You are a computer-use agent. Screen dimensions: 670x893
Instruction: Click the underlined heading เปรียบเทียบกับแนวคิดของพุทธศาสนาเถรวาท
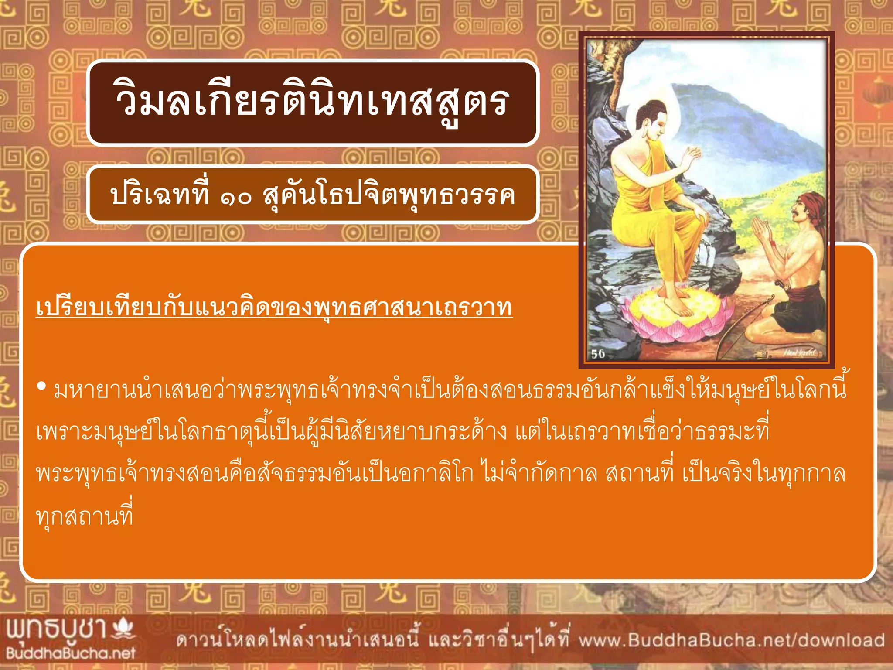click(274, 308)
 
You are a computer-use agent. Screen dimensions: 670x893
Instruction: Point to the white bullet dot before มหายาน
click(42, 386)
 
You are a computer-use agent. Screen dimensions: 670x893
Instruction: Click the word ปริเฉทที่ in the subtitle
click(160, 195)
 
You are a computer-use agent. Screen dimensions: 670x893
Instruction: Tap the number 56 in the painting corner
click(598, 353)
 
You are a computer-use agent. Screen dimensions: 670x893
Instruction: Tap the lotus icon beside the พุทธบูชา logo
click(123, 628)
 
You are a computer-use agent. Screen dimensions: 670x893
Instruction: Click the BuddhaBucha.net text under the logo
click(71, 653)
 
